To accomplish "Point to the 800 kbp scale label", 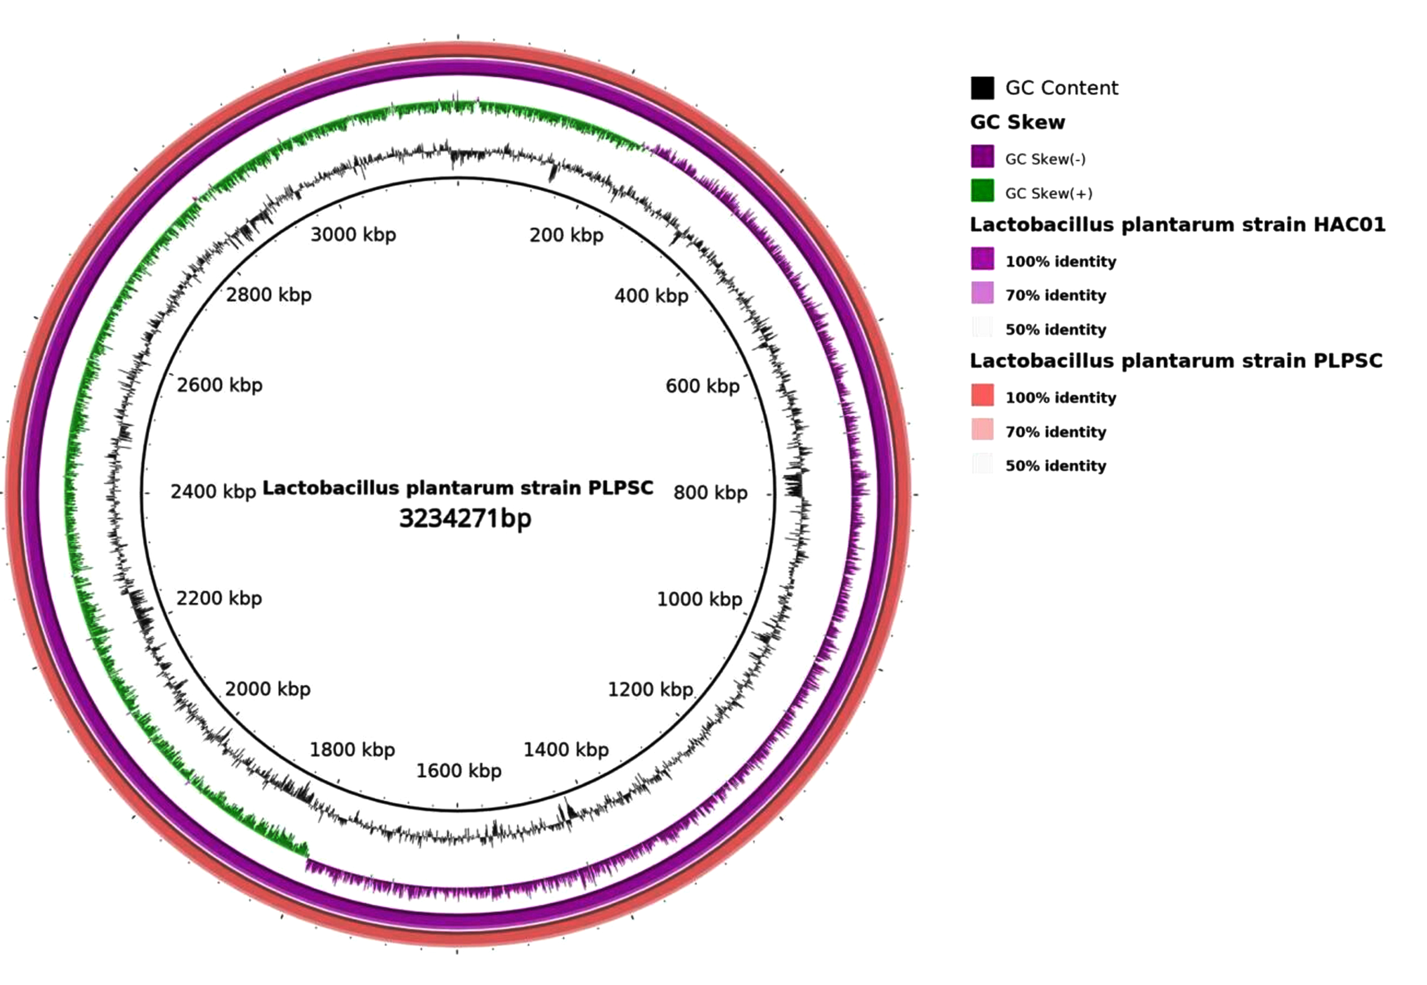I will [x=710, y=492].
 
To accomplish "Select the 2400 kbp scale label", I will [x=213, y=492].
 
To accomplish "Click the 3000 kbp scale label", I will [x=353, y=235].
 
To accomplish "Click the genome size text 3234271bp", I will [x=465, y=518].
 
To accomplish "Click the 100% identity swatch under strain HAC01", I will [x=982, y=258].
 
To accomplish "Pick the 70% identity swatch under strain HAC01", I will [x=982, y=293].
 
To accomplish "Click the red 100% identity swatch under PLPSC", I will [x=982, y=395].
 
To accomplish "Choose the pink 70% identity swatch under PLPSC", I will [x=982, y=429].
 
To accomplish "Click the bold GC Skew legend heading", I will [x=1017, y=122].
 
